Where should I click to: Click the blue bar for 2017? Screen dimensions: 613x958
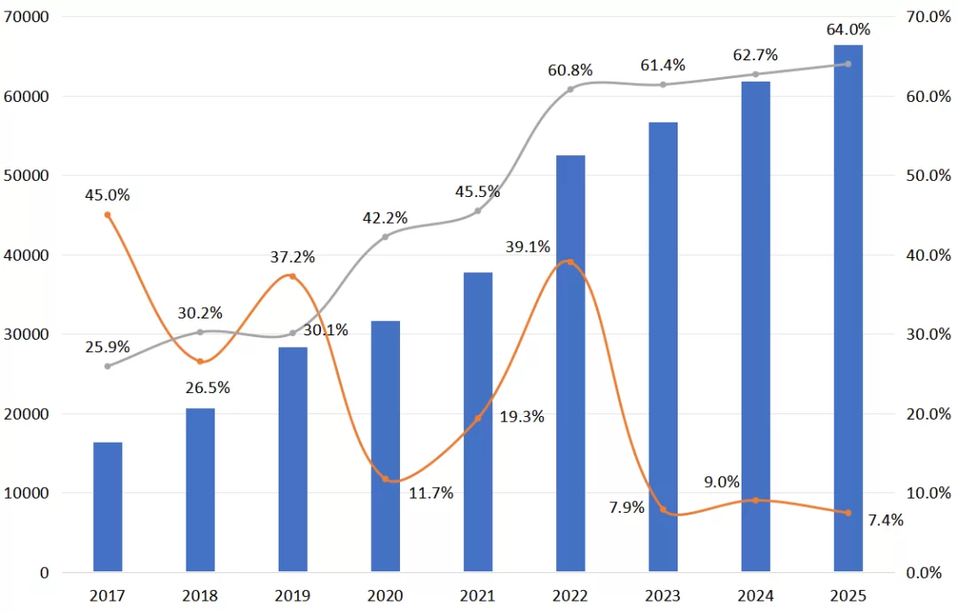coord(107,507)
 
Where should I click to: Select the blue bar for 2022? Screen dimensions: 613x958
coord(570,364)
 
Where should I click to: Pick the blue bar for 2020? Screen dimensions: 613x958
coord(385,446)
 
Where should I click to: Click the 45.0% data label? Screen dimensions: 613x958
coord(107,195)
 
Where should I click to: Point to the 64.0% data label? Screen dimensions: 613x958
coord(848,30)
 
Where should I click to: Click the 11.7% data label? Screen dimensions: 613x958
coord(431,492)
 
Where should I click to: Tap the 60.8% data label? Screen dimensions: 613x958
coord(570,70)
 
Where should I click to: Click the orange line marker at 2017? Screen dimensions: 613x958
coord(107,215)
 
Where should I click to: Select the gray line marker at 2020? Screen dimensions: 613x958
coord(385,237)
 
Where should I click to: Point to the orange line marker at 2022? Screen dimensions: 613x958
coord(570,262)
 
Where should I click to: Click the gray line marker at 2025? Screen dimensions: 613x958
coord(848,64)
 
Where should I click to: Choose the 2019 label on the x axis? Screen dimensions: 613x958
coord(293,595)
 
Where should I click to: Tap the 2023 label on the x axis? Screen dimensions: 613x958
coord(663,595)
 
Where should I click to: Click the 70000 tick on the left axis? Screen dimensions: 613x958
coord(27,17)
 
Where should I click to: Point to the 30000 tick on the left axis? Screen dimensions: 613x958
coord(27,334)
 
